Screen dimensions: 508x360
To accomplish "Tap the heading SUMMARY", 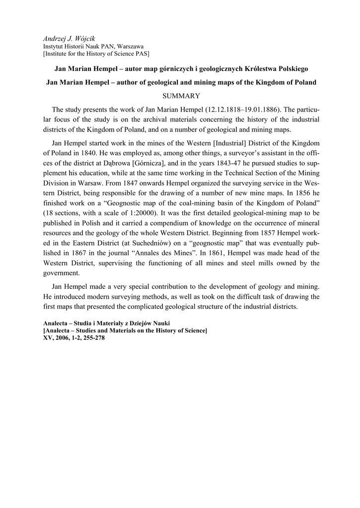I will pos(180,96).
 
